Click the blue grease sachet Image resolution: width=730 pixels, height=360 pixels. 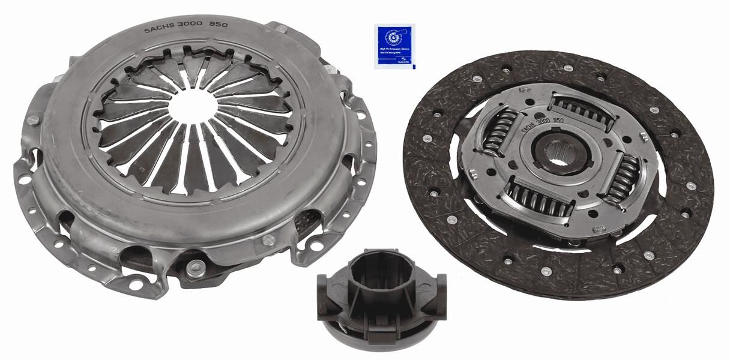394,46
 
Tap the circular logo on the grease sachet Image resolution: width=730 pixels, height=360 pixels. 393,38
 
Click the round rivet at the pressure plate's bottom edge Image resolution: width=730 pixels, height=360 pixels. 196,268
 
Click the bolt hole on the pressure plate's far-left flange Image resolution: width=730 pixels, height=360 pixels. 25,179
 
